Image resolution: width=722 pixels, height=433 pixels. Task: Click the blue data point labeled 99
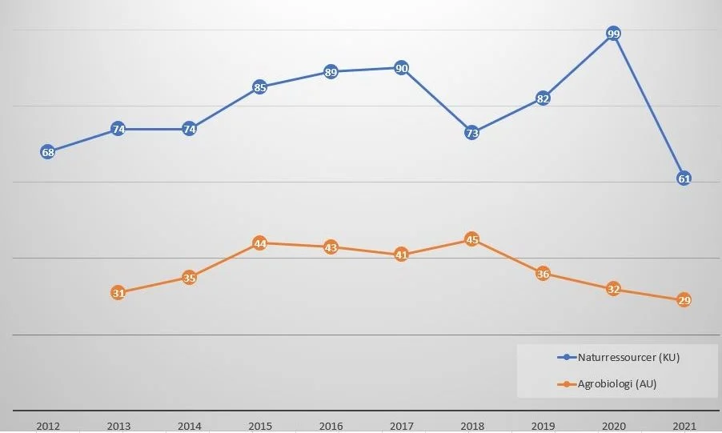(614, 34)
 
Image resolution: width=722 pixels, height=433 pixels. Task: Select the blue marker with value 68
(47, 152)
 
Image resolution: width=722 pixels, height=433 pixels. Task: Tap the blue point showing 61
(684, 178)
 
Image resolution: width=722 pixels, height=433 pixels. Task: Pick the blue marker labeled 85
(259, 87)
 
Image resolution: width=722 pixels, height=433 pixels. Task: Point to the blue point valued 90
(402, 68)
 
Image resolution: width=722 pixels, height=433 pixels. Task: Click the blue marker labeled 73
(471, 133)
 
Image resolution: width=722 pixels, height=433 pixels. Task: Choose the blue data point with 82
(543, 98)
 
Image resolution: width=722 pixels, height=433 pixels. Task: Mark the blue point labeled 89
(331, 72)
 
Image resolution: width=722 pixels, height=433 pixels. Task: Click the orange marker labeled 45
(471, 239)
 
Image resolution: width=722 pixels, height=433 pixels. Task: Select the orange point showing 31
(118, 293)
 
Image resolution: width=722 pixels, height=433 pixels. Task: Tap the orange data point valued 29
(684, 300)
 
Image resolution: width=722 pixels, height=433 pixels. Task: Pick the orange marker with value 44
(259, 243)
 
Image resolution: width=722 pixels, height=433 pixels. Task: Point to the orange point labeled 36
(543, 274)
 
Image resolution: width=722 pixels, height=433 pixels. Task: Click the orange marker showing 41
(402, 255)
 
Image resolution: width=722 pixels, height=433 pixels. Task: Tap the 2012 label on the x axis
(47, 426)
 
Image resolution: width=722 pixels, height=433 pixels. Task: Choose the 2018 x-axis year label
(471, 426)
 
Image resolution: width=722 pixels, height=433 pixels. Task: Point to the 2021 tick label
(684, 426)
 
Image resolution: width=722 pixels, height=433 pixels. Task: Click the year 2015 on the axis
(259, 426)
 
